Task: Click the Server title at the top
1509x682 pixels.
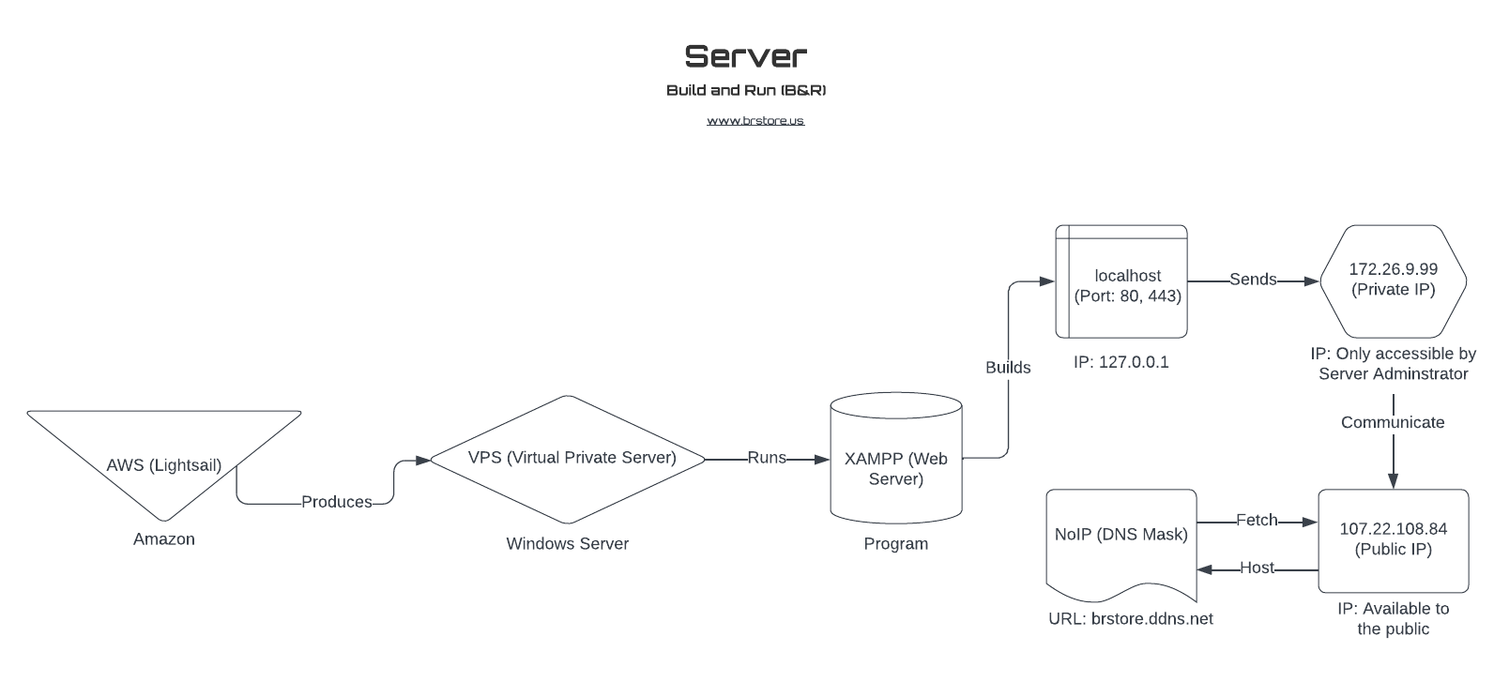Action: click(745, 56)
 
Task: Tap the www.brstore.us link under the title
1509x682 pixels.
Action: click(755, 121)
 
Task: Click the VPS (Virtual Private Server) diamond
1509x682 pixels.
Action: click(568, 459)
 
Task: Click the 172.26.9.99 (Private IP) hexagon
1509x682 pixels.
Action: click(1394, 280)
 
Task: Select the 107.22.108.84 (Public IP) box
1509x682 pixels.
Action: click(1394, 539)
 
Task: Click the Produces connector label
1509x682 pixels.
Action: click(336, 502)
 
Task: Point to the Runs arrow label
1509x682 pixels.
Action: click(767, 458)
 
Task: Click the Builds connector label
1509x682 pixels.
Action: click(1008, 368)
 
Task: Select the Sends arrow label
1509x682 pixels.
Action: click(1253, 280)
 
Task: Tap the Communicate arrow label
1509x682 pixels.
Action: click(1393, 422)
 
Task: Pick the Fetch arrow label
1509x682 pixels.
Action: click(1257, 520)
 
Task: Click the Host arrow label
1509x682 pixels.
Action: click(1257, 568)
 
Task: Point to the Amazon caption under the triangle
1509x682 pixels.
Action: click(164, 539)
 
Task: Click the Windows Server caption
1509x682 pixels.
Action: click(568, 544)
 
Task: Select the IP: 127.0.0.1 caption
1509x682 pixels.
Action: click(1121, 362)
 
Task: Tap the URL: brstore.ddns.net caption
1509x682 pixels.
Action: click(1131, 619)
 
